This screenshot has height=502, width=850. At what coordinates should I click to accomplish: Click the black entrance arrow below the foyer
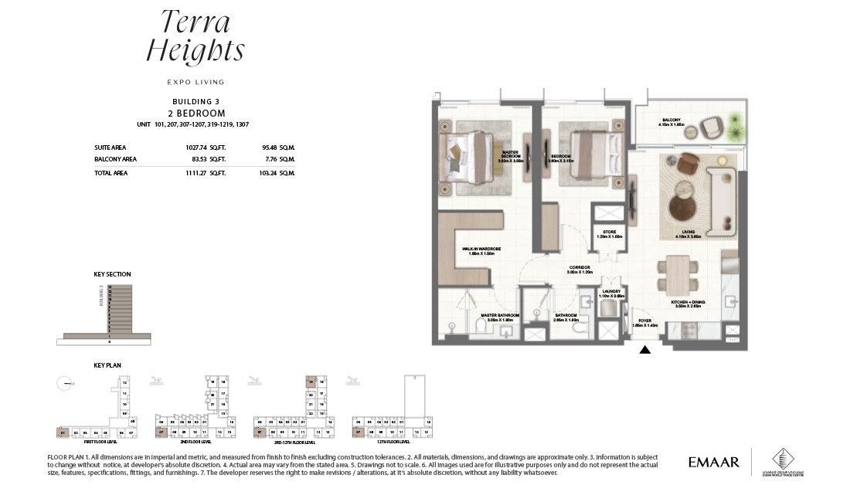645,350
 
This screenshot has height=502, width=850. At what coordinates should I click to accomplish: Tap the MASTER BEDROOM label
509,154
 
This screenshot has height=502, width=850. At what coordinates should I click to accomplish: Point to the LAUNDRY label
611,293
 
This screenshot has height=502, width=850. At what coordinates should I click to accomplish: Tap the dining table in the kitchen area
678,274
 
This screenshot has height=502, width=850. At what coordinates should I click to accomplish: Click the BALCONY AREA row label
115,159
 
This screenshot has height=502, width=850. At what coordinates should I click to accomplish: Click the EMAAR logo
713,463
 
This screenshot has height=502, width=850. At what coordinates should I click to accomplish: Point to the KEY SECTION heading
112,274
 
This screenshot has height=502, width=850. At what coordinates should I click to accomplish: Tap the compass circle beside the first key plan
65,382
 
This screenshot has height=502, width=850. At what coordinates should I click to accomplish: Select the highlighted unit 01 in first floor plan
63,432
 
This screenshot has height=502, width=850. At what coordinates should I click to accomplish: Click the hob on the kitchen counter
729,333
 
